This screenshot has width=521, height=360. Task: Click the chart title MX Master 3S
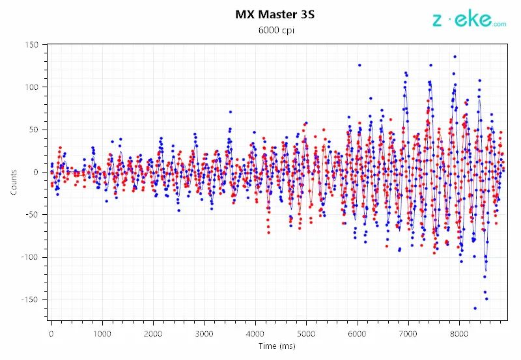[275, 14]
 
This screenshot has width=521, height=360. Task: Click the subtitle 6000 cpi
[275, 31]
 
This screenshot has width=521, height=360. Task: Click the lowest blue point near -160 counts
[475, 308]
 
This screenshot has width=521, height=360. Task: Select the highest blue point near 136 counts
[455, 57]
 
